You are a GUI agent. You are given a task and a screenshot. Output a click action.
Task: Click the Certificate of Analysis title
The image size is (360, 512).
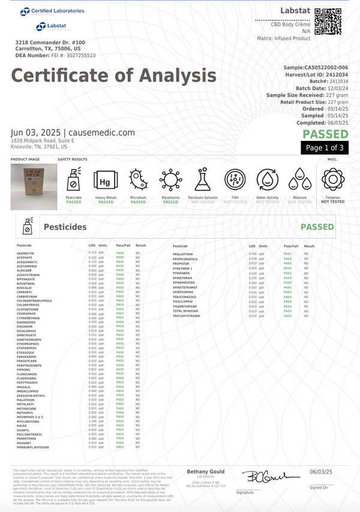coord(114,76)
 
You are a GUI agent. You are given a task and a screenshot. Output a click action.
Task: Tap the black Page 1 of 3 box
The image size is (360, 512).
coord(325,147)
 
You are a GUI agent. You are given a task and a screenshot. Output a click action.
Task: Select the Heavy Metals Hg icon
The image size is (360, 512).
coord(106,179)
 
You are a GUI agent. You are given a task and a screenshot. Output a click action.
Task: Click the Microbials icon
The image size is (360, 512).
coord(138,179)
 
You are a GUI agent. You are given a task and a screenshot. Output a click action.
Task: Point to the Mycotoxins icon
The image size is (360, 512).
coord(170,179)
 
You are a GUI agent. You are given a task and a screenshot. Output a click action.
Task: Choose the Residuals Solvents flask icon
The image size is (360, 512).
coord(203,179)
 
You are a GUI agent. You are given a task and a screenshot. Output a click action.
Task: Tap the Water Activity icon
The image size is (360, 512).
coord(267,179)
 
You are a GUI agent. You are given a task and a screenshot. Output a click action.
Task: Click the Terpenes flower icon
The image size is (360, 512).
coord(332,179)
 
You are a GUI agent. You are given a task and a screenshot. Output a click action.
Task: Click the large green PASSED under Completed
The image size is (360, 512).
coord(325,134)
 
